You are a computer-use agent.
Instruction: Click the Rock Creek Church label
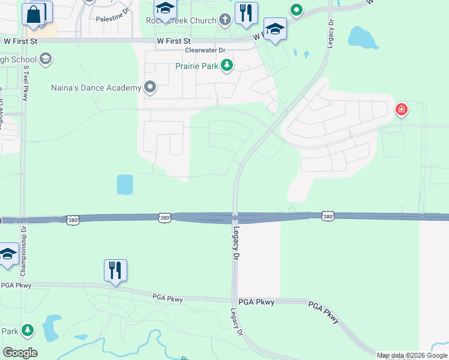tap(181, 20)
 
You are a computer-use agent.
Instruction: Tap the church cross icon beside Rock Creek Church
tap(225, 20)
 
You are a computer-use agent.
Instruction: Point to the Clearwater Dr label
tap(206, 50)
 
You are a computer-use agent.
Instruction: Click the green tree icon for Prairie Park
tap(227, 65)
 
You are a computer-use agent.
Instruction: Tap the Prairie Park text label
tap(197, 66)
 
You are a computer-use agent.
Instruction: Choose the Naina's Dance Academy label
tap(94, 88)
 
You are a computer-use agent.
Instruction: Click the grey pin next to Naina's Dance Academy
tap(150, 88)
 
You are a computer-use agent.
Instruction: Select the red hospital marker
tap(401, 110)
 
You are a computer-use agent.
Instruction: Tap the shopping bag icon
tap(34, 14)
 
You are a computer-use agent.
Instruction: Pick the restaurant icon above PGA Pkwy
tap(115, 271)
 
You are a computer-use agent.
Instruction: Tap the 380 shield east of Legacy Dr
tap(327, 216)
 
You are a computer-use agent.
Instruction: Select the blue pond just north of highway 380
tap(125, 184)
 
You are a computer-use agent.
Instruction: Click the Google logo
tap(20, 353)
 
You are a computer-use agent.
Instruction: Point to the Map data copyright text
tap(411, 355)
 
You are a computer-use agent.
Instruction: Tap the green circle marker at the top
tap(295, 10)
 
